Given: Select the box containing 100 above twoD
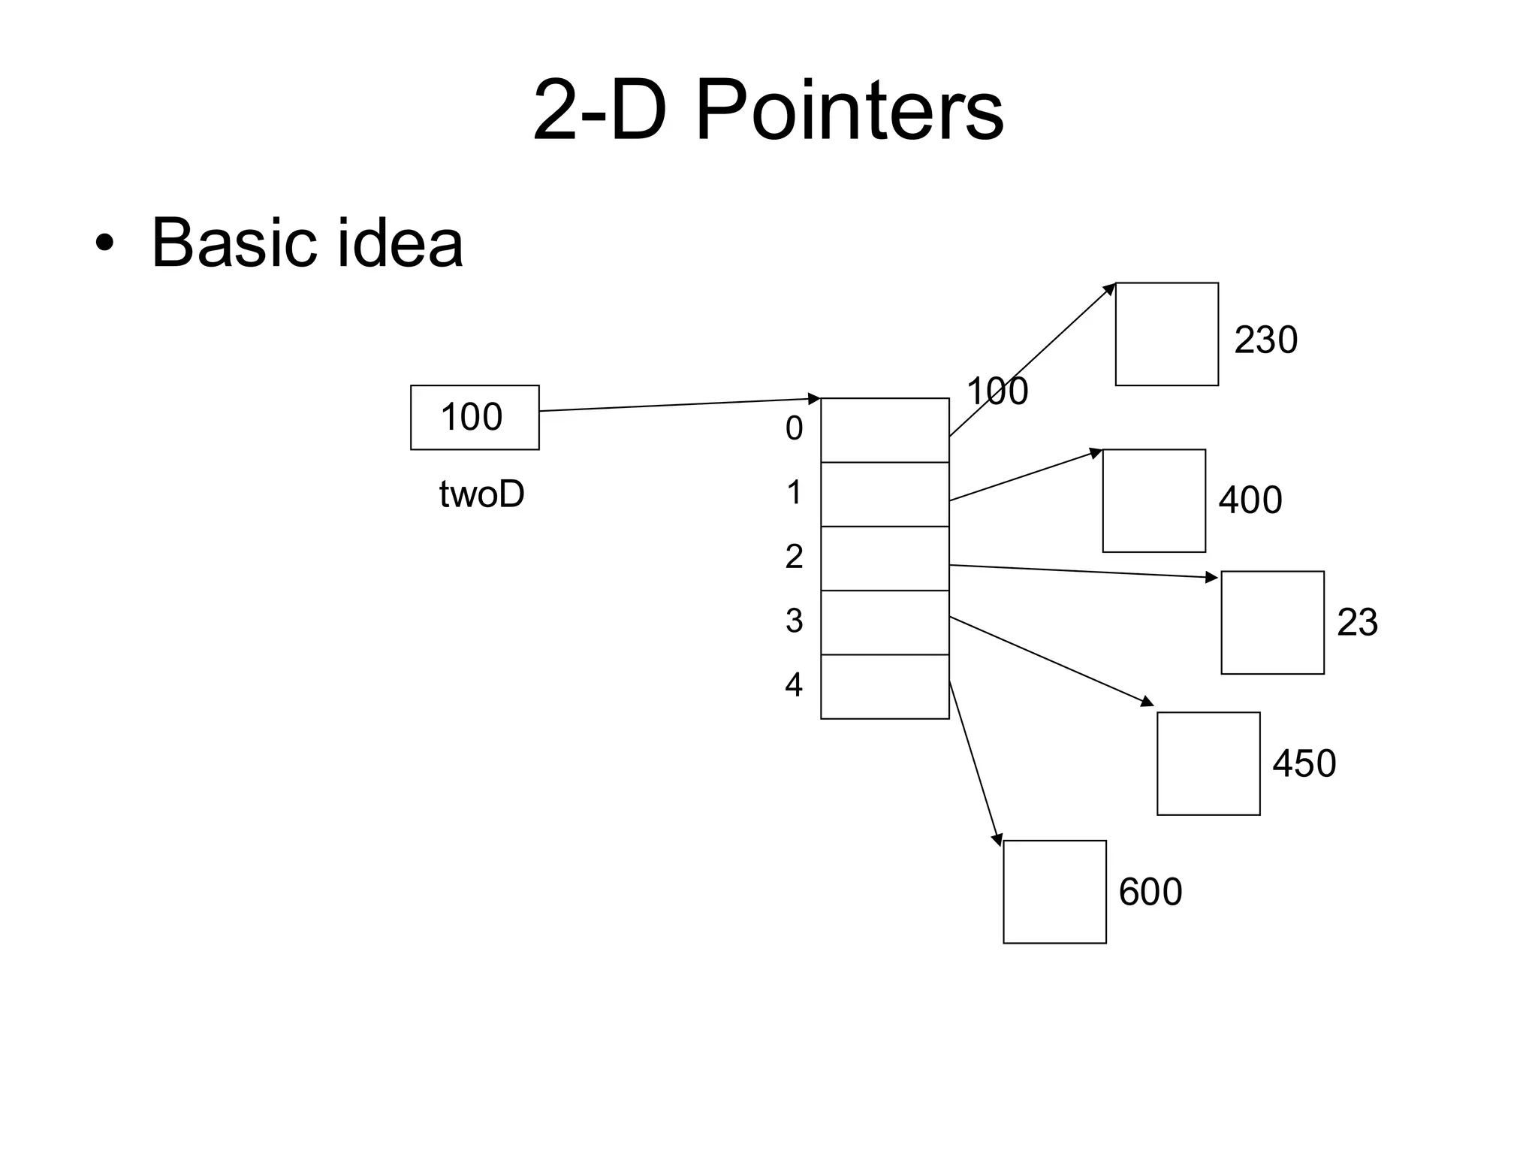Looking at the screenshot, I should (x=475, y=418).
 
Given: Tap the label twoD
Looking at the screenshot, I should (x=481, y=495).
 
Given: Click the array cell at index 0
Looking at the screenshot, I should (x=885, y=430).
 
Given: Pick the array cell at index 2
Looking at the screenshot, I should (x=885, y=558).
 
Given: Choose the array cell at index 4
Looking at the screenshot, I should (x=885, y=687).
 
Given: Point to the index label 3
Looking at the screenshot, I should (x=794, y=621).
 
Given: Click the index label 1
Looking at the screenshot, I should (x=794, y=493).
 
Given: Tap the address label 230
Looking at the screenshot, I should (x=1265, y=340).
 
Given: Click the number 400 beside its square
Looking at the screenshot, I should (x=1250, y=500).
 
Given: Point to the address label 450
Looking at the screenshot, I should (x=1304, y=763).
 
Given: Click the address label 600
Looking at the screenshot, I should (x=1150, y=892).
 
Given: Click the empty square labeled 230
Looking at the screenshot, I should (x=1166, y=334).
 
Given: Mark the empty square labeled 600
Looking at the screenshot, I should (x=1054, y=892).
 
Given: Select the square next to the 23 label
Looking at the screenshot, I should (x=1272, y=623).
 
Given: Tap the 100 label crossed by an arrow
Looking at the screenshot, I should (x=997, y=391).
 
